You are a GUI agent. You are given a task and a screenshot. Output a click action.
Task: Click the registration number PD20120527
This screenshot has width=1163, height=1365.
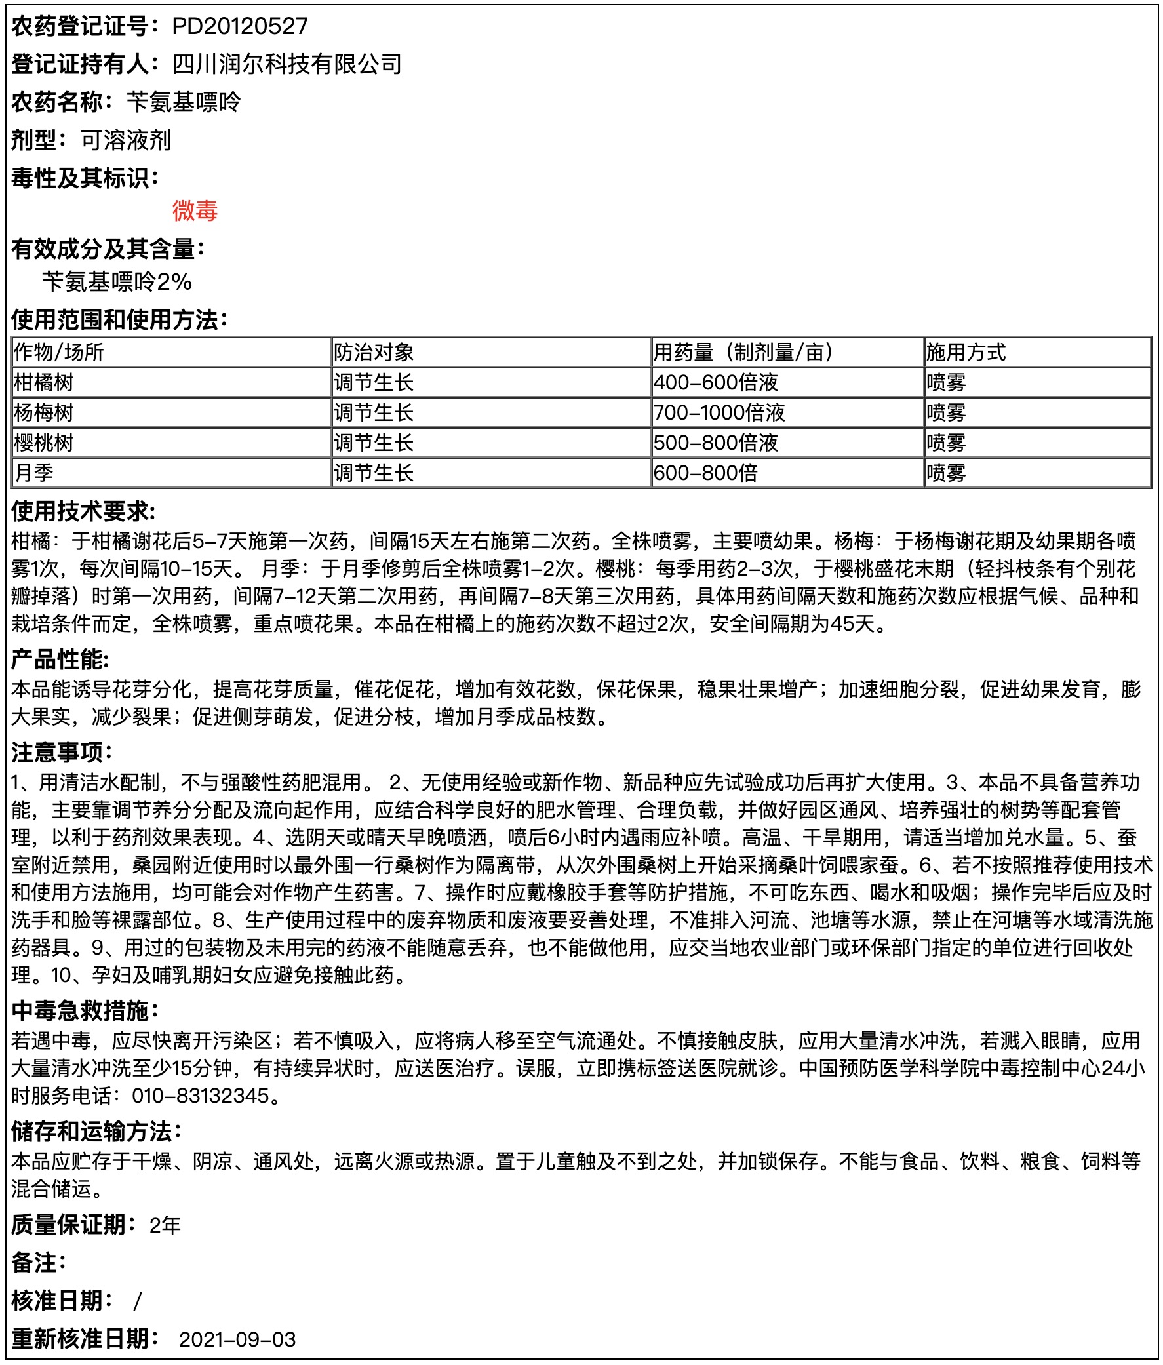pos(240,26)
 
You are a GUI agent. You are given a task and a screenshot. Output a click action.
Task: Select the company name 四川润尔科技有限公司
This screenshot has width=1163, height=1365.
pos(286,64)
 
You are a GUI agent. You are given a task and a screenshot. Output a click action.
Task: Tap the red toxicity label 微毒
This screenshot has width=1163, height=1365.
pos(195,211)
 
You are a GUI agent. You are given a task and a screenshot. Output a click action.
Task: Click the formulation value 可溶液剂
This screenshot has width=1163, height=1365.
pos(126,140)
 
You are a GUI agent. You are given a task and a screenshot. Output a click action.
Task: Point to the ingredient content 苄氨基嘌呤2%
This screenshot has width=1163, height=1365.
pos(117,282)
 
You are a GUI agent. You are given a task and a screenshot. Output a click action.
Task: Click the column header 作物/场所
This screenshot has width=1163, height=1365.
pos(58,353)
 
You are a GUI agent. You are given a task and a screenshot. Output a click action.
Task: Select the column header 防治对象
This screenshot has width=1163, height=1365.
pos(374,353)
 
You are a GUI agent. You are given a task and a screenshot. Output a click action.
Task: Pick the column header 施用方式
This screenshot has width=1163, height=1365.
pos(965,353)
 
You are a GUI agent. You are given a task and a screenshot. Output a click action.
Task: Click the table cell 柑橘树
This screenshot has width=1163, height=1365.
pos(43,383)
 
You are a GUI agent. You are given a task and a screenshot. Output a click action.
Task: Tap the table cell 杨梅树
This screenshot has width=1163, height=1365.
pos(43,413)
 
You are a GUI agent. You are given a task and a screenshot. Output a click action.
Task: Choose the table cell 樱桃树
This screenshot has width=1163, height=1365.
pos(43,443)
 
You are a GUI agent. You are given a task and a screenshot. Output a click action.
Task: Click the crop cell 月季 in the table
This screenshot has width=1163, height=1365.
pos(33,473)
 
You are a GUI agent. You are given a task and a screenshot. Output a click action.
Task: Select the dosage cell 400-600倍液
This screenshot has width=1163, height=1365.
pos(716,383)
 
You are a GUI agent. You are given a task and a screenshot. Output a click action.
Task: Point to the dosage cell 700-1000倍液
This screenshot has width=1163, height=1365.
pos(719,413)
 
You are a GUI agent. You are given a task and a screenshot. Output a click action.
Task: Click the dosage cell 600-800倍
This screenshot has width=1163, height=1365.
pos(705,473)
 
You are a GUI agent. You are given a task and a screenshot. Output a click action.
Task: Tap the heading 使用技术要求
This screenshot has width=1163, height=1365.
pos(83,511)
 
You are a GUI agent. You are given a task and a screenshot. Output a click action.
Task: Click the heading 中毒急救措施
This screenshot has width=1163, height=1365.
pos(85,1010)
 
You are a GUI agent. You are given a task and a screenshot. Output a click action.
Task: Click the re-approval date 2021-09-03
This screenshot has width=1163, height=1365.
pos(237,1340)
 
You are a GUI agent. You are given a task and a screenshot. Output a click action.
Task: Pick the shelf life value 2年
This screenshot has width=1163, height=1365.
pos(165,1225)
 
